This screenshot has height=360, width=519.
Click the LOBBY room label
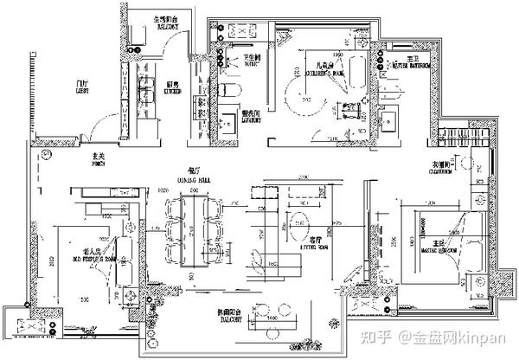pos(84,88)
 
